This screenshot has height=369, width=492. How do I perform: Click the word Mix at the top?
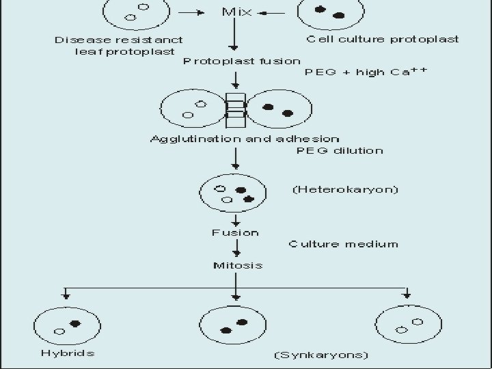point(236,12)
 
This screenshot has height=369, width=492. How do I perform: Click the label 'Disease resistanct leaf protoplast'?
point(118,45)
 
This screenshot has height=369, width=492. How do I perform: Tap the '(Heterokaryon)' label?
point(345,189)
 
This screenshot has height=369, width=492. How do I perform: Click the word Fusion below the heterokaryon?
point(235,232)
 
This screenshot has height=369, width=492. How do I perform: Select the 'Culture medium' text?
point(343,243)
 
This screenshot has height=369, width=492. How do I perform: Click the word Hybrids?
point(67,353)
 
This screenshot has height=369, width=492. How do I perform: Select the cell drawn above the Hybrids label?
point(66,325)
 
